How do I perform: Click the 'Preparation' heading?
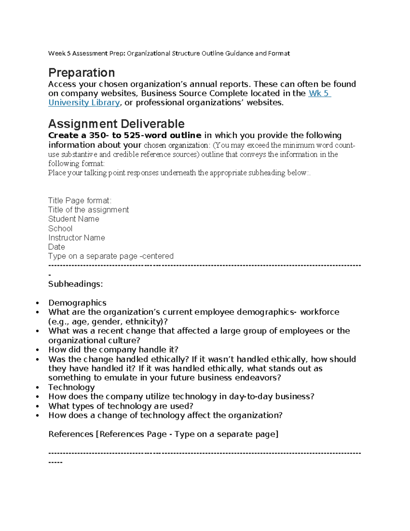click(x=81, y=73)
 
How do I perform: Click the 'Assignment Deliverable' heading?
click(x=116, y=124)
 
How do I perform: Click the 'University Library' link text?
click(x=84, y=103)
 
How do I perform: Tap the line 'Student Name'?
click(x=73, y=219)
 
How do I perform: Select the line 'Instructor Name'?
click(x=77, y=238)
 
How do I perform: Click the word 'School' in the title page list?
click(x=60, y=228)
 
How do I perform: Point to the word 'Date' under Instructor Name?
click(x=56, y=247)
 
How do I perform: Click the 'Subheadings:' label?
click(x=76, y=284)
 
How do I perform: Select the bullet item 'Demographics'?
click(x=77, y=303)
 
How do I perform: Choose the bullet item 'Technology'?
click(x=71, y=387)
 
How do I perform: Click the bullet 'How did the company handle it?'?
click(x=113, y=350)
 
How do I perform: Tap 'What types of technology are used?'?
click(x=121, y=406)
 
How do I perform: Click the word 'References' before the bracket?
click(x=71, y=434)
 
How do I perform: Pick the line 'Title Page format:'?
click(x=80, y=200)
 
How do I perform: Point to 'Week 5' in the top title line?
click(x=59, y=53)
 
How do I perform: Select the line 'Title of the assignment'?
click(x=88, y=210)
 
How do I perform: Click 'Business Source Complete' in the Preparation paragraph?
click(x=194, y=93)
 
